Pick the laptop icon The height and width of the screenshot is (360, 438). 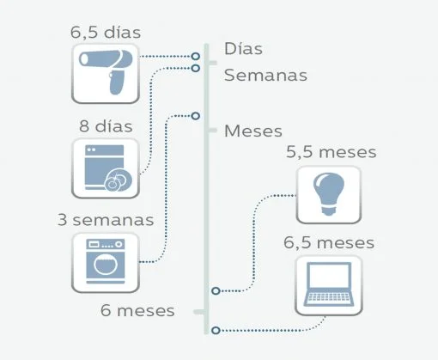pyautogui.click(x=329, y=285)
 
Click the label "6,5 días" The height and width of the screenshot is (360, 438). pyautogui.click(x=106, y=33)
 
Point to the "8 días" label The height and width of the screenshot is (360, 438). pyautogui.click(x=106, y=126)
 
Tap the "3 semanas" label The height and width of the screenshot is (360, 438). pyautogui.click(x=106, y=220)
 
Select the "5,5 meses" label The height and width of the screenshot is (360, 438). pyautogui.click(x=332, y=152)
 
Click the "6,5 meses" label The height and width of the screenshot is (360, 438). pyautogui.click(x=329, y=242)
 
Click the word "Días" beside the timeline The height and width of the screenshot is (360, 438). pyautogui.click(x=243, y=49)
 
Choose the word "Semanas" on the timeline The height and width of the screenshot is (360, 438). pyautogui.click(x=265, y=76)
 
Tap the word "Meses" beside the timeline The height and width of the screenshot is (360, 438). pyautogui.click(x=253, y=131)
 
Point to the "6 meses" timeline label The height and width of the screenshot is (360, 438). pyautogui.click(x=137, y=311)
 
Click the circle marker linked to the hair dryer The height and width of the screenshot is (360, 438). pyautogui.click(x=196, y=56)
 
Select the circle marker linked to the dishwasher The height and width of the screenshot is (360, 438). pyautogui.click(x=196, y=68)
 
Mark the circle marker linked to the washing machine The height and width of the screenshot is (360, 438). pyautogui.click(x=196, y=116)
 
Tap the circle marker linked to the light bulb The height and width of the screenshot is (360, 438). pyautogui.click(x=216, y=291)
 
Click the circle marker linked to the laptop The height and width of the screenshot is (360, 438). pyautogui.click(x=216, y=331)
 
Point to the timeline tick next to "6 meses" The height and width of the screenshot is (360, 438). pyautogui.click(x=199, y=312)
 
